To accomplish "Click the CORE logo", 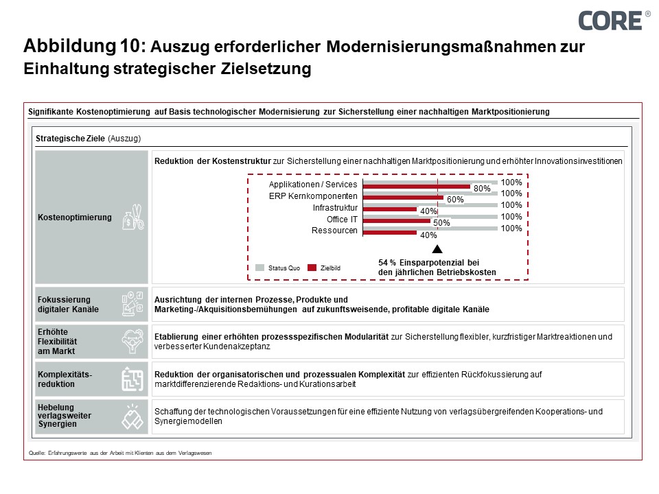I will click(611, 20).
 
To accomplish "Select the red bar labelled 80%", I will click(416, 187).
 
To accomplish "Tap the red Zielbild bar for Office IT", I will click(395, 221).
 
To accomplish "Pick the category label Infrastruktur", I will click(335, 207).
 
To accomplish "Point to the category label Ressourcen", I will click(334, 231).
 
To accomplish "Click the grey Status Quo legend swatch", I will click(260, 268).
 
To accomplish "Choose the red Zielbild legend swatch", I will click(312, 268).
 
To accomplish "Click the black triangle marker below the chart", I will click(437, 249).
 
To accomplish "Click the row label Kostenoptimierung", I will click(75, 217).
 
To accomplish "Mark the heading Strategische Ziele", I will click(70, 138).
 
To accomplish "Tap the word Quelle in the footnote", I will click(36, 453).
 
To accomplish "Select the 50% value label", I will click(441, 223).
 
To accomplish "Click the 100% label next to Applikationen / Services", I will click(511, 183).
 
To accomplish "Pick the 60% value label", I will click(455, 200).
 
